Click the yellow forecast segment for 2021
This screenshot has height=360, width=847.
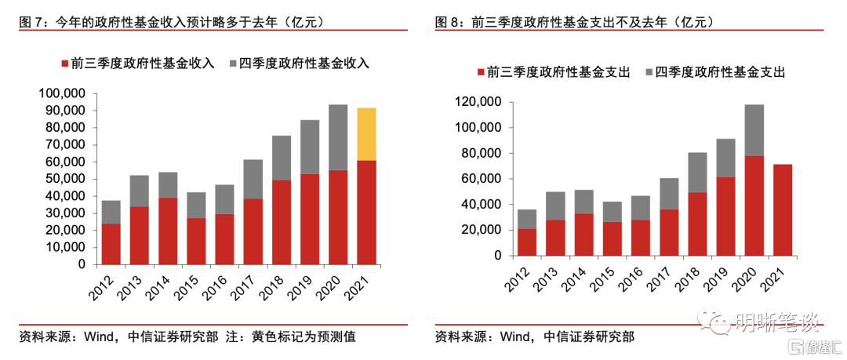pyautogui.click(x=366, y=134)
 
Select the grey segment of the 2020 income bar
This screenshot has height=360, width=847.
pyautogui.click(x=338, y=137)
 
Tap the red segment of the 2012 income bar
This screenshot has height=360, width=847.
pyautogui.click(x=111, y=244)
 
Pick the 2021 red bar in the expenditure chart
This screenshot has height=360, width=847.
pyautogui.click(x=782, y=209)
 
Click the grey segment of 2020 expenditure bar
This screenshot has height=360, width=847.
pyautogui.click(x=754, y=130)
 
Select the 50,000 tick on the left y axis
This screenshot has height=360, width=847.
pyautogui.click(x=64, y=179)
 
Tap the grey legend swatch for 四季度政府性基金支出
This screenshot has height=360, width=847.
pyautogui.click(x=646, y=72)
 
